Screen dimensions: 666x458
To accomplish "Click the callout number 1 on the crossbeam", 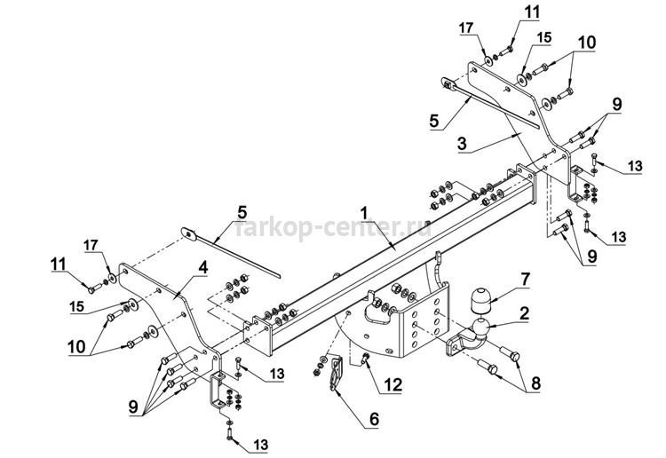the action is [x=363, y=213].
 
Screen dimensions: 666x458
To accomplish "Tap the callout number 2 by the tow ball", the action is [x=525, y=313].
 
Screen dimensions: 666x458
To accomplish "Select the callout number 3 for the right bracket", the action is [x=462, y=144].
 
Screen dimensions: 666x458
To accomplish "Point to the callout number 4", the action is [x=203, y=267].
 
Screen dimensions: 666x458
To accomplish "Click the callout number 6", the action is [x=374, y=419].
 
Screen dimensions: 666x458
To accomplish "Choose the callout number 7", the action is [x=526, y=279].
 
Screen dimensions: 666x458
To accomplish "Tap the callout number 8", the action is [x=535, y=383].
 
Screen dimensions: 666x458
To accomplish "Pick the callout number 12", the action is [x=392, y=384].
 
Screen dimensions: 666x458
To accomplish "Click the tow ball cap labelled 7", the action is [x=480, y=301].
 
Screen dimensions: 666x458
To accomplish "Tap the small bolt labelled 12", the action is [x=365, y=359].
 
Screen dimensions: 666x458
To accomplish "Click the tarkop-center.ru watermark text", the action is [x=333, y=228].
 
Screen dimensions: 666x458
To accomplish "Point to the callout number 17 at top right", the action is [x=466, y=28].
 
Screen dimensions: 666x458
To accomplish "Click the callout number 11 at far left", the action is [x=59, y=264].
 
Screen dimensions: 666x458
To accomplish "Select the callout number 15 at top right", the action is [x=543, y=38].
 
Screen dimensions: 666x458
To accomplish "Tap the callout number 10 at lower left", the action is [x=76, y=347].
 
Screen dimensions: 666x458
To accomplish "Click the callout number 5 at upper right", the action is [x=433, y=121].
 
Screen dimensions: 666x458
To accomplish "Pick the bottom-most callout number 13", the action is [x=261, y=445].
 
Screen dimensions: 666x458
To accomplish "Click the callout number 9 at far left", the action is [x=133, y=407].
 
